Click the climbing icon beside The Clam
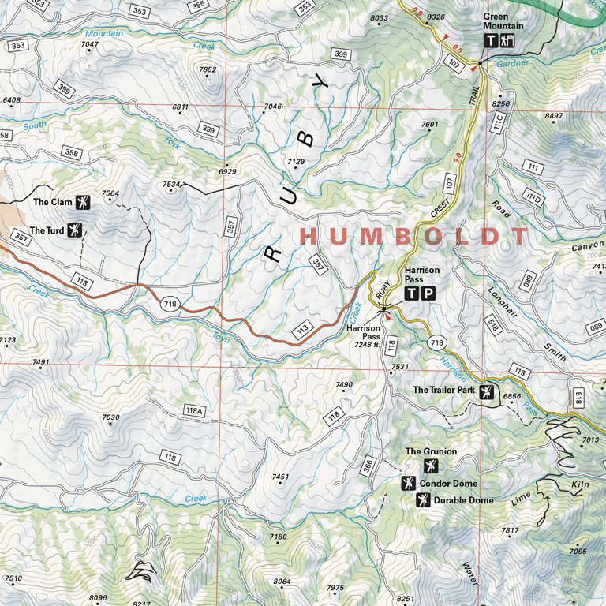[83, 202]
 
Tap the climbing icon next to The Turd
[75, 230]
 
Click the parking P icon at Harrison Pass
[427, 294]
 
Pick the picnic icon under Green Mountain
[507, 41]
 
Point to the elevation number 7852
[208, 70]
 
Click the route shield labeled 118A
[194, 410]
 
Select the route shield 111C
[498, 122]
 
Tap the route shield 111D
[534, 197]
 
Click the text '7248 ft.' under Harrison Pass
[368, 345]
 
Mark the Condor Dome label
[448, 484]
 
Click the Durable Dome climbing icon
[423, 500]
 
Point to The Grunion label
[431, 452]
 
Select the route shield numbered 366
[368, 466]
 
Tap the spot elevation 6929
[227, 171]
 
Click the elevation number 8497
[554, 116]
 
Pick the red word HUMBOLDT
[415, 236]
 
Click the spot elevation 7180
[279, 537]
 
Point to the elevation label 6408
[12, 100]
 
